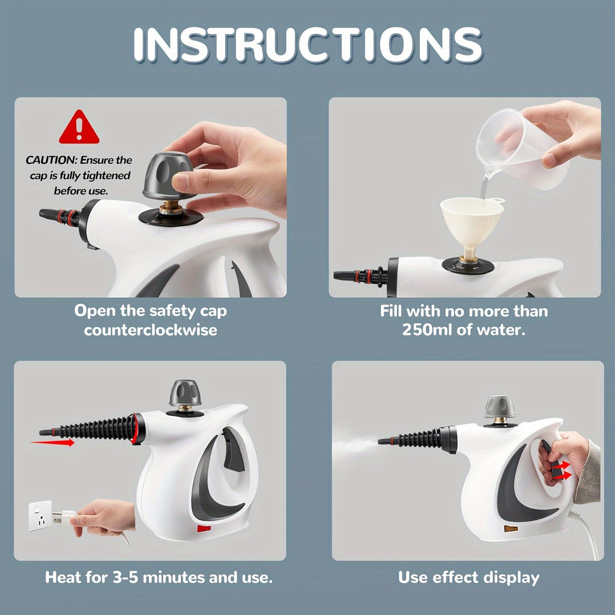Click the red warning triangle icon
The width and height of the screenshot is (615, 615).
click(x=79, y=127)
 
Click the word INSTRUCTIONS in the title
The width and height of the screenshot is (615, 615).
click(x=307, y=44)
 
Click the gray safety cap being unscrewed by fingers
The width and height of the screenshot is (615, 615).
click(x=168, y=175)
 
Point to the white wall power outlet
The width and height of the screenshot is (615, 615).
click(x=40, y=515)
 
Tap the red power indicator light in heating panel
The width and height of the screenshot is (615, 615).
click(x=204, y=529)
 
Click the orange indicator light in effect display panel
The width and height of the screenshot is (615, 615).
click(x=511, y=529)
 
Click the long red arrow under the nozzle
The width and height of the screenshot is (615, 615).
click(x=53, y=443)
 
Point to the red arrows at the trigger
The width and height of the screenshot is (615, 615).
click(x=562, y=470)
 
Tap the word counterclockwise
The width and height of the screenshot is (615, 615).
click(x=150, y=330)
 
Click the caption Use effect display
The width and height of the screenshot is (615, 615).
click(x=468, y=578)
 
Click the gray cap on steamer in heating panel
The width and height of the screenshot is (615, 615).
click(x=185, y=394)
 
